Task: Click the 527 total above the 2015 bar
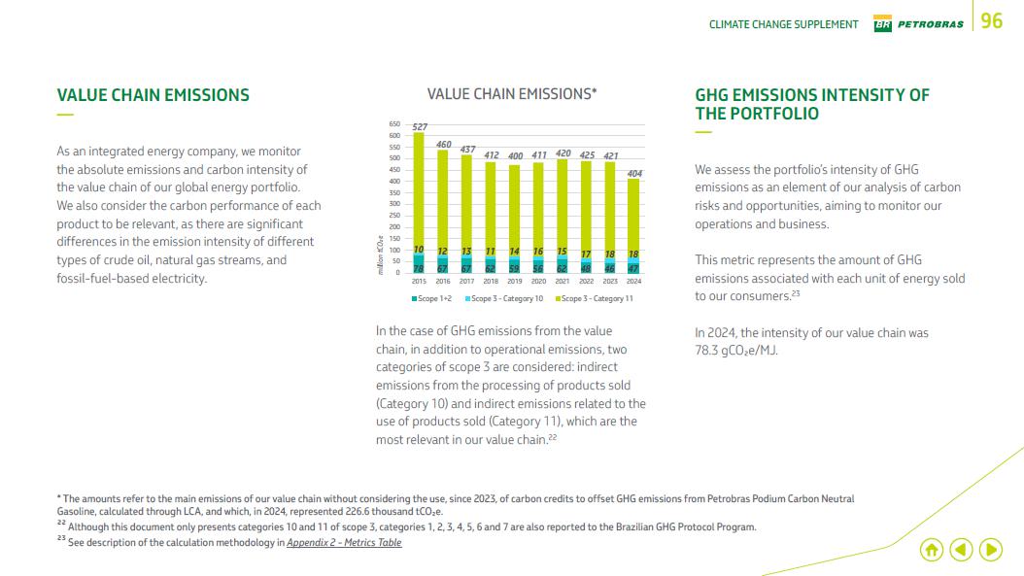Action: click(x=420, y=127)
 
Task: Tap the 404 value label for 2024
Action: click(x=634, y=173)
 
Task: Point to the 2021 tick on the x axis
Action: click(x=563, y=281)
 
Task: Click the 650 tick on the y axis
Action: click(x=394, y=124)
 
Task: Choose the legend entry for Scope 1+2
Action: click(x=427, y=298)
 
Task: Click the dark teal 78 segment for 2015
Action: click(x=419, y=267)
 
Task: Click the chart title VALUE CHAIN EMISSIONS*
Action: click(x=512, y=94)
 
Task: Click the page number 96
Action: click(x=992, y=21)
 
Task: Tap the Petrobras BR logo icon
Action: click(x=883, y=24)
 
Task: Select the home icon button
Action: click(x=931, y=550)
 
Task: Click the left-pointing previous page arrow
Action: click(x=961, y=550)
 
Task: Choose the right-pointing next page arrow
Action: click(x=991, y=550)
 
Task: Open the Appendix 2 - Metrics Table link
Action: click(x=344, y=542)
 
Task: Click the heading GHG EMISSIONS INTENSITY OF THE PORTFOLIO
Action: click(x=812, y=104)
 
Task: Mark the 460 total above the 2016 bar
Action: click(x=443, y=144)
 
